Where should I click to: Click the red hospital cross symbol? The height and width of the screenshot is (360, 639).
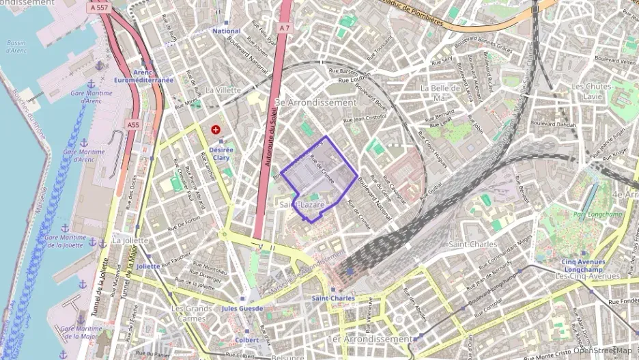[216, 128]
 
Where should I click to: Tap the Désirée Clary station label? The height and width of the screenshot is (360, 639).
[221, 154]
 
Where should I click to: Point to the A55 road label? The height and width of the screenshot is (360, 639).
[133, 125]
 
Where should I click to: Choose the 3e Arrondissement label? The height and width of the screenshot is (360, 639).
[315, 102]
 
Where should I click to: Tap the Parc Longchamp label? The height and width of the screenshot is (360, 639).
[591, 214]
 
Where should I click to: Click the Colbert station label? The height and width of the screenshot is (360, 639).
[246, 340]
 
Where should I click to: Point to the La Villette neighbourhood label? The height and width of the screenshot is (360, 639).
[223, 89]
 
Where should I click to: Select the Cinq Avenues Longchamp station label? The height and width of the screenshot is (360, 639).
[583, 266]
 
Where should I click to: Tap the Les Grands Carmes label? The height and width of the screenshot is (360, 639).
[189, 314]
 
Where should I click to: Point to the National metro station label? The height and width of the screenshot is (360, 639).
[227, 31]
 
